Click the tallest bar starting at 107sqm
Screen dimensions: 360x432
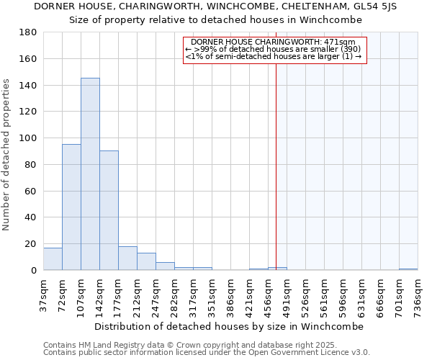pos(90,174)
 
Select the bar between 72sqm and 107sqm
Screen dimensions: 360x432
pos(71,207)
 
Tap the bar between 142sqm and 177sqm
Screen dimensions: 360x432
pos(109,210)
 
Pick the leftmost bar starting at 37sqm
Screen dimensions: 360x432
pos(53,259)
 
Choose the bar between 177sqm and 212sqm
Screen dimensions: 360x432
pos(127,258)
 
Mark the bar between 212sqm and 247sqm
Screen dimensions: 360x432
pos(146,261)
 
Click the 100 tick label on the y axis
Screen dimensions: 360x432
pos(28,138)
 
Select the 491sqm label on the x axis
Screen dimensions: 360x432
pos(287,294)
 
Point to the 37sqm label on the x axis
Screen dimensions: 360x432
pos(44,293)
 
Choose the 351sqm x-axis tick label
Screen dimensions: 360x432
pos(212,294)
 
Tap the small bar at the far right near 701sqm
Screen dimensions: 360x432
pos(408,269)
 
